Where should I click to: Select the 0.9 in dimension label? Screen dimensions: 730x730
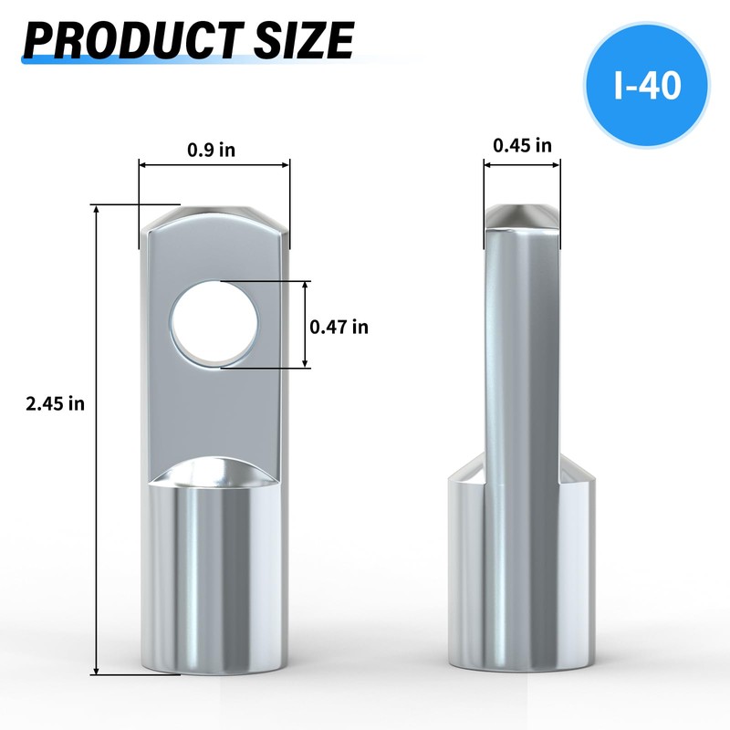[212, 151]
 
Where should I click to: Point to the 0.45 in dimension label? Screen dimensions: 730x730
[522, 145]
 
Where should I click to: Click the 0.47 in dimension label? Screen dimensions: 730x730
[339, 326]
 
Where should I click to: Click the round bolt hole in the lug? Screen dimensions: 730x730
[215, 326]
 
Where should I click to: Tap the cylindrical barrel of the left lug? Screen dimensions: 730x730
[214, 584]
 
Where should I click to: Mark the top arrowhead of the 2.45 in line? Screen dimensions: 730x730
[95, 209]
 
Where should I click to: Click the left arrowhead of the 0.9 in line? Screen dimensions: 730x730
[142, 165]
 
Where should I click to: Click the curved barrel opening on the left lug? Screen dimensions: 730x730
[214, 476]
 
